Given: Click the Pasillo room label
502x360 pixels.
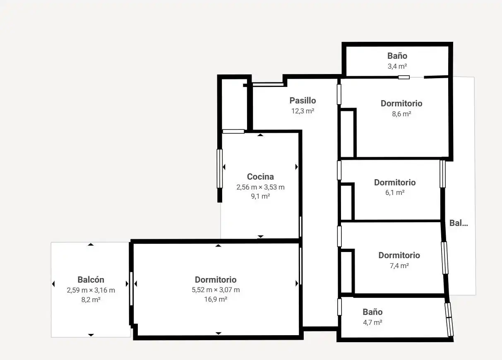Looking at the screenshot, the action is (303, 101).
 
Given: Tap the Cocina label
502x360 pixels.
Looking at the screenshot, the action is (260, 177).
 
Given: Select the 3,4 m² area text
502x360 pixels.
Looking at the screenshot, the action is (397, 66).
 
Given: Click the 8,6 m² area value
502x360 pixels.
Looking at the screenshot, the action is (401, 114).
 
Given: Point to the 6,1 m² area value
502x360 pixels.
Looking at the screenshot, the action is (395, 193).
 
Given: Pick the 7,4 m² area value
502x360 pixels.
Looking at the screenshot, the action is (399, 266).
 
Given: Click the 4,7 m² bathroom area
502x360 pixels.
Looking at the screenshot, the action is (372, 322).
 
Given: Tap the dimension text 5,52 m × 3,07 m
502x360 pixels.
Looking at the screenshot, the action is (216, 290).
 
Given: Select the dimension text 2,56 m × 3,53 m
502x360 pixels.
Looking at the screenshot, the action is (260, 187).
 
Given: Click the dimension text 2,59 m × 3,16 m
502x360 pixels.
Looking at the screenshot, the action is (91, 290).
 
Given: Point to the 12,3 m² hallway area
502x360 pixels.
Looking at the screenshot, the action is (303, 111).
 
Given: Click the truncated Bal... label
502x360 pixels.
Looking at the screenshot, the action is (459, 223).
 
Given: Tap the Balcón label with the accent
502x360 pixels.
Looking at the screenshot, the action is (91, 280).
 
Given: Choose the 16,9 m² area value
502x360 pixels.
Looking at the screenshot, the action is (216, 299).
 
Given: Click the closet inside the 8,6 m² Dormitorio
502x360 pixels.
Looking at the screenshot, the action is (347, 134).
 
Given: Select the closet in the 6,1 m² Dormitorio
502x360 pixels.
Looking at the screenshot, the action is (346, 202).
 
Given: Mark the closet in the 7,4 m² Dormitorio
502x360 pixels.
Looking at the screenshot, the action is (346, 272).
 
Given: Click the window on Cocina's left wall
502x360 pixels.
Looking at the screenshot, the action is (220, 168).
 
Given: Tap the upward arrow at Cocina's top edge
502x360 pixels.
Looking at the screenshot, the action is (260, 135).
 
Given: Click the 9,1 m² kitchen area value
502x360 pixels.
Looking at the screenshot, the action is (260, 197).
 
